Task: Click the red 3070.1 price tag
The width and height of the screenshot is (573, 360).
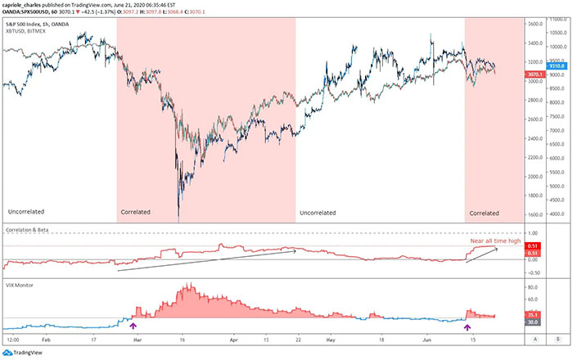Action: pos(535,74)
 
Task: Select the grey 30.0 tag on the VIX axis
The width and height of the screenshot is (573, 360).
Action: pos(533,322)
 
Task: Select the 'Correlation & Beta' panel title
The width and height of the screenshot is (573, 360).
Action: pos(30,231)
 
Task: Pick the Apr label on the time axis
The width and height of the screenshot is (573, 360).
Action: pos(235,337)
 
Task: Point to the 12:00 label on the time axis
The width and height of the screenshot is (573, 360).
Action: pos(13,337)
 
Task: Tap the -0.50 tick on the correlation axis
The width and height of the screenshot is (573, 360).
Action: pos(534,271)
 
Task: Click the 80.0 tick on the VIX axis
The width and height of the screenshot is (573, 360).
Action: pos(532,287)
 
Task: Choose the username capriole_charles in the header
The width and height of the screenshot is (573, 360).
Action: pos(26,3)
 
